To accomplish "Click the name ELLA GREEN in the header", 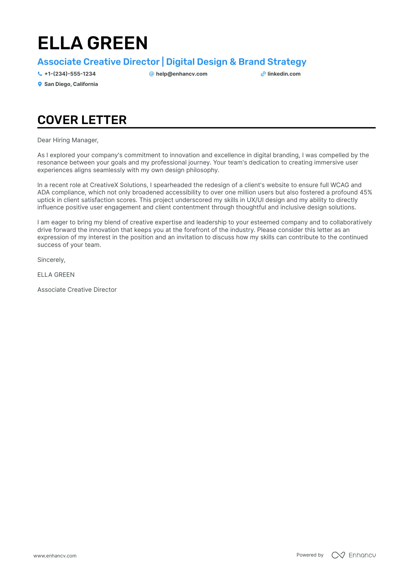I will coord(93,43).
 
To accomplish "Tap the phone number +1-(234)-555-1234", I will coord(70,74).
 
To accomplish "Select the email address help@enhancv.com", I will coord(181,74).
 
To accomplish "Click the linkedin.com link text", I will coord(284,74).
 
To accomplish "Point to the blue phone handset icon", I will coord(40,74).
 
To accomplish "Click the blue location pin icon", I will coord(40,84).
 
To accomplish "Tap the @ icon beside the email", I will coord(151,74).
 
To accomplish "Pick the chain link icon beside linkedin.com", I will coord(263,74).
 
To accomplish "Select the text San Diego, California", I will coord(71,84).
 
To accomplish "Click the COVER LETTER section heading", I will coord(82,120).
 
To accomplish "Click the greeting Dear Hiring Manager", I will coord(68,140).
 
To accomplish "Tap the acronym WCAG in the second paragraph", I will coord(339,185).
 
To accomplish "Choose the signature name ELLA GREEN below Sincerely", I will coord(56,275).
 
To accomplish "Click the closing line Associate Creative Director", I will coord(77,290).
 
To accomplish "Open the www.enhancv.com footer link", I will coord(55,556).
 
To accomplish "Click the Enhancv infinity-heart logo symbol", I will coord(338,555).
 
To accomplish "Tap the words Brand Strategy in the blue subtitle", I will coord(272,62).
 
